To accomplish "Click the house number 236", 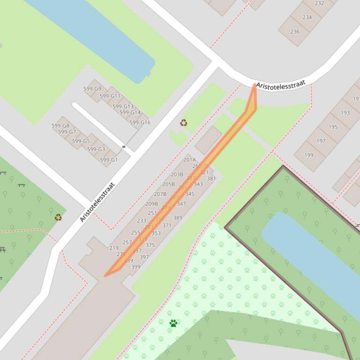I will coord(295,32).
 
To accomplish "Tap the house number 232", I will coord(319,3).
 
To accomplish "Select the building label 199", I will coord(309,155).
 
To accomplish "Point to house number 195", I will coord(333,127).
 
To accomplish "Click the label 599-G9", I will coord(92,89).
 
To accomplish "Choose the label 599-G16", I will coord(140,122).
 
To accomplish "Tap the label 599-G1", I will coord(109,160).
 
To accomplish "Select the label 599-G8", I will coord(60,126).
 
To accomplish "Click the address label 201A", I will coord(190,160).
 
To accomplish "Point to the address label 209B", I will coord(152,204).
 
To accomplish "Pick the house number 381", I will coord(211,179).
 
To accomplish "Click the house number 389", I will coord(178,218).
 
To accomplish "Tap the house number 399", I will coord(136,267).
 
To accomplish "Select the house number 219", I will coord(114,248).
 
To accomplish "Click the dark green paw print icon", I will coord(173,323).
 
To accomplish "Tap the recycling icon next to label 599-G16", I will coord(184,123).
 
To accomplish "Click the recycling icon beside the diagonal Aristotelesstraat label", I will coord(58,217).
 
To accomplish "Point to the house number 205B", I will coord(169,185).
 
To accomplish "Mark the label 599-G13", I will coord(123,107).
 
